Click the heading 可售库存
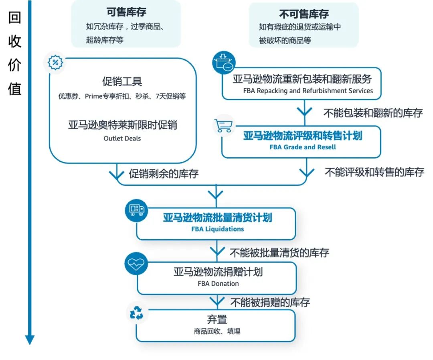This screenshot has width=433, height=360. point(126,13)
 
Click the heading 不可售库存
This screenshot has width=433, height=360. point(304,14)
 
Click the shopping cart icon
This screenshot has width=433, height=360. point(223,125)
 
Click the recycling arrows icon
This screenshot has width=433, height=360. point(136,313)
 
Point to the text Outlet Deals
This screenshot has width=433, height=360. point(122,138)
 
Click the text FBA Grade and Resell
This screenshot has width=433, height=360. point(303,147)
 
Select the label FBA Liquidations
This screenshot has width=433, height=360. point(217,229)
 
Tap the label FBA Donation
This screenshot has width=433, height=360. point(218,283)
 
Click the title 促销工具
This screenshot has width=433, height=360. point(122,82)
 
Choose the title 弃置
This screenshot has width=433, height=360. point(217,319)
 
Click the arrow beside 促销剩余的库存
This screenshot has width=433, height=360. point(117,174)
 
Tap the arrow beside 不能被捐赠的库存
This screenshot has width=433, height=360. point(217,301)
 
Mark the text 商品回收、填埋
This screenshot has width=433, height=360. point(217,332)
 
